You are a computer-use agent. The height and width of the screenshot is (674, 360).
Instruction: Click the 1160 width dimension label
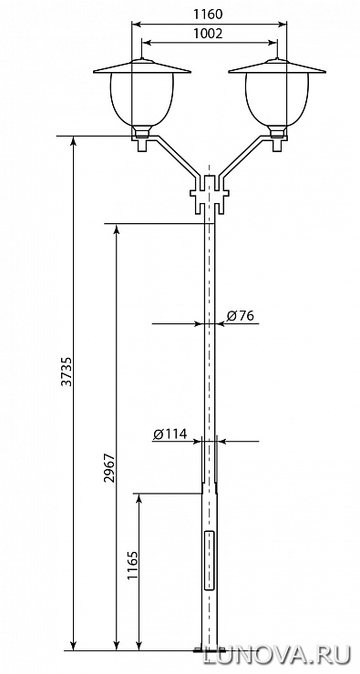(x=208, y=15)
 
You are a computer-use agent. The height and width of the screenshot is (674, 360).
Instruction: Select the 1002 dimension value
(x=208, y=34)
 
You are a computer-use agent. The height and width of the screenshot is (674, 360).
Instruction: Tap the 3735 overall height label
(x=67, y=371)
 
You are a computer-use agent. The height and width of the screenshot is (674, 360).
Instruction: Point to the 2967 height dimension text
(x=109, y=467)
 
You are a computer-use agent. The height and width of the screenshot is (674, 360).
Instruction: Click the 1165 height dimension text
(x=132, y=566)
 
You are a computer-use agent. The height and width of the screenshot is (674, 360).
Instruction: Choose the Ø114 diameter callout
(x=170, y=434)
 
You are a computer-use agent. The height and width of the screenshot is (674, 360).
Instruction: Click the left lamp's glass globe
(x=142, y=99)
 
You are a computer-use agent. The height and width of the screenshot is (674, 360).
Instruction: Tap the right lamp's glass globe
(x=277, y=99)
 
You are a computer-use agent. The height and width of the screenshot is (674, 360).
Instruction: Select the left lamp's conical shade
(x=142, y=66)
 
